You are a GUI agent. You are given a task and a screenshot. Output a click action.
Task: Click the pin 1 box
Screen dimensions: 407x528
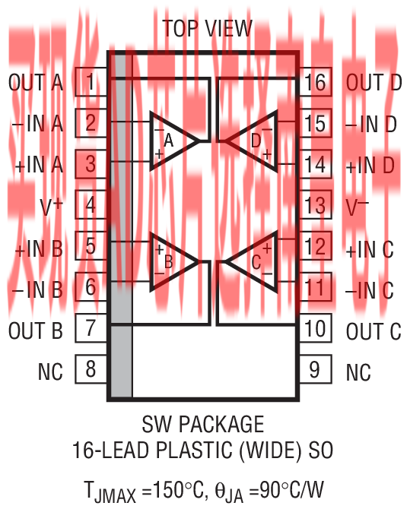coord(91,82)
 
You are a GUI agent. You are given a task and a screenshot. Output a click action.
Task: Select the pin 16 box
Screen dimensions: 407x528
coord(316,82)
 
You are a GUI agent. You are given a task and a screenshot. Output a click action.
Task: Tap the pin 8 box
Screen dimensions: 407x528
coord(91,369)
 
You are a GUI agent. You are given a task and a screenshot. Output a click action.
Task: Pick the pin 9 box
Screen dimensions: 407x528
coord(316,369)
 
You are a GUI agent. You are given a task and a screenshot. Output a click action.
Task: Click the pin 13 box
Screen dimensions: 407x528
coord(316,204)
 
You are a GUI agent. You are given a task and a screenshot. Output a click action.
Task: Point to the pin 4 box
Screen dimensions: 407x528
coord(91,204)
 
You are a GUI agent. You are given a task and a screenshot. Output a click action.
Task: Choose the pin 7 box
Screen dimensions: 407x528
coord(91,328)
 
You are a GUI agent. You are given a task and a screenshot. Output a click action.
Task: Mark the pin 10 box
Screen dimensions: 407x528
coord(316,328)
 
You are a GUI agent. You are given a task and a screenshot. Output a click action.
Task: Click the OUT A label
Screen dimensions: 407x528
coord(36,83)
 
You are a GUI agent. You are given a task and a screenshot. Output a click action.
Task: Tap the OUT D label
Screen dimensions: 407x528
coord(374,83)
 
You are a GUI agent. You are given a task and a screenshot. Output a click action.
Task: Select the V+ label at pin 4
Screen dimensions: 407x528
coord(51,206)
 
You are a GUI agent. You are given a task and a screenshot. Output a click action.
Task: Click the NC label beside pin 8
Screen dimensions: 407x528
coord(50,371)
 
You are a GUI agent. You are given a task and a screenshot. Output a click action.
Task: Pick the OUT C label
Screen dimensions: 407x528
coord(374,331)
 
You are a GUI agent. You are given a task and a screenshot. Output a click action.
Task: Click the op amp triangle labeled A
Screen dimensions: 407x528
coord(174,141)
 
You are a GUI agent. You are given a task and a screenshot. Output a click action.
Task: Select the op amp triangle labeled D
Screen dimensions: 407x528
coord(251,141)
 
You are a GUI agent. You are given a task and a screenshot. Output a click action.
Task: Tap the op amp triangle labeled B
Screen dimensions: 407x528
coord(174,261)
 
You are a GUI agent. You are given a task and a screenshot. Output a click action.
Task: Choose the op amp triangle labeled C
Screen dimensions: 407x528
coord(251,261)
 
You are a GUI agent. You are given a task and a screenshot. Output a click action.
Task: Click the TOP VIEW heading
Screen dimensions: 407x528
coord(207,29)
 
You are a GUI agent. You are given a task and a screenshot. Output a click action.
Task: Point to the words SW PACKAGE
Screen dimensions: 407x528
coord(203,424)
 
